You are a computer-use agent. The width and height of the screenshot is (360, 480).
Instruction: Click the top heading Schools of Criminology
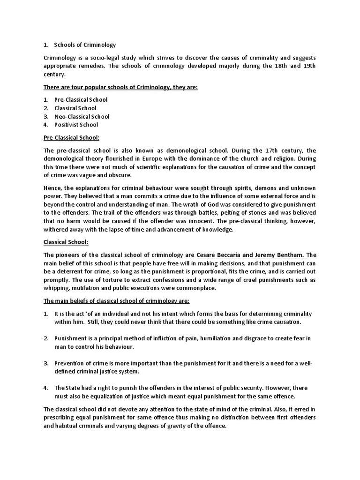tap(84, 45)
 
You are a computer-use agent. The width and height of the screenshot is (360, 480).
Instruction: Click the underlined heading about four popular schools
tap(120, 87)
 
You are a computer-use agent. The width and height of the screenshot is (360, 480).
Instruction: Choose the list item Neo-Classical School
tap(82, 117)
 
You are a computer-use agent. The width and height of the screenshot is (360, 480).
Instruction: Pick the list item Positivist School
tap(76, 125)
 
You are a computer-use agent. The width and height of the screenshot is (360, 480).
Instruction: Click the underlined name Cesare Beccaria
tap(220, 255)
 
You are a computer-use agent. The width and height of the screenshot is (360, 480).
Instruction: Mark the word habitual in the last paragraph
tap(65, 426)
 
